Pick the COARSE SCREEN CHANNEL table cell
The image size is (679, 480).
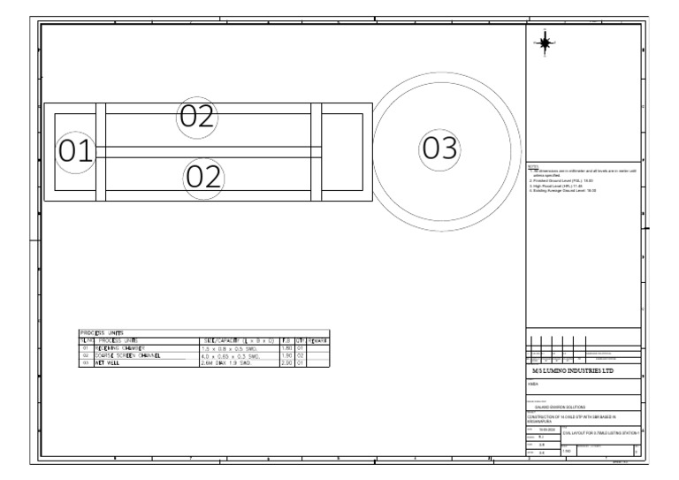click(123, 355)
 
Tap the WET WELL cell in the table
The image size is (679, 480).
click(111, 363)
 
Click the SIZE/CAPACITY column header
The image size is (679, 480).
click(239, 339)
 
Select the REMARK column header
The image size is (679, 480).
click(317, 339)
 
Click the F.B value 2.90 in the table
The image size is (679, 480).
click(286, 363)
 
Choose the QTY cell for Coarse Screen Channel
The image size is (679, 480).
click(300, 355)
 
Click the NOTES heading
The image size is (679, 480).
click(533, 165)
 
